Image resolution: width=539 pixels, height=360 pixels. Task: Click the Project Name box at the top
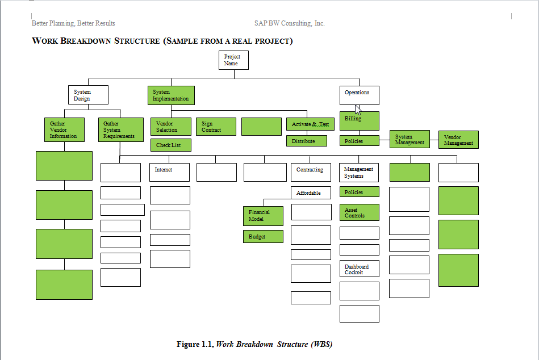[233, 60]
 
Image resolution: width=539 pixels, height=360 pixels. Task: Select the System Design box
[88, 95]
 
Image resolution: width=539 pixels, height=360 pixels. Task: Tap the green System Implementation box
[171, 95]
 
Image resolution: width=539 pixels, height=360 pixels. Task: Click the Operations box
[359, 95]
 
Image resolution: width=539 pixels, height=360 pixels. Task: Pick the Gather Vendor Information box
[64, 129]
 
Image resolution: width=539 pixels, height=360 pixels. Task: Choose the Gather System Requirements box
[121, 129]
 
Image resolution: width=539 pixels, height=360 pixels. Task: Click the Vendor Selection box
[170, 127]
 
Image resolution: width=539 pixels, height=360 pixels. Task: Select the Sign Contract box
[216, 127]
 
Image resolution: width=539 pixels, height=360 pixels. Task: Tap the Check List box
[170, 145]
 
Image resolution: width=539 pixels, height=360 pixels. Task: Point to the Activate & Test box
[310, 124]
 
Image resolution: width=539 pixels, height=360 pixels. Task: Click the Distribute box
[307, 141]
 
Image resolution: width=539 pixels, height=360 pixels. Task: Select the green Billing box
[360, 121]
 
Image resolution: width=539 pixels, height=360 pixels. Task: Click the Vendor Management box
[458, 140]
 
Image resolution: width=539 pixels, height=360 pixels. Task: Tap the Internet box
[169, 173]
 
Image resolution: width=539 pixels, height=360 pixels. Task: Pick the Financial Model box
[263, 216]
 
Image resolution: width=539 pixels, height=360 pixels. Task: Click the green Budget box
[263, 237]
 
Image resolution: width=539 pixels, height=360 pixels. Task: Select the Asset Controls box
[360, 213]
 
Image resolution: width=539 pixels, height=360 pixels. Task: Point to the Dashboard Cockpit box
[360, 270]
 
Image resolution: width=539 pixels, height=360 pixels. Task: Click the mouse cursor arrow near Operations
[358, 110]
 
